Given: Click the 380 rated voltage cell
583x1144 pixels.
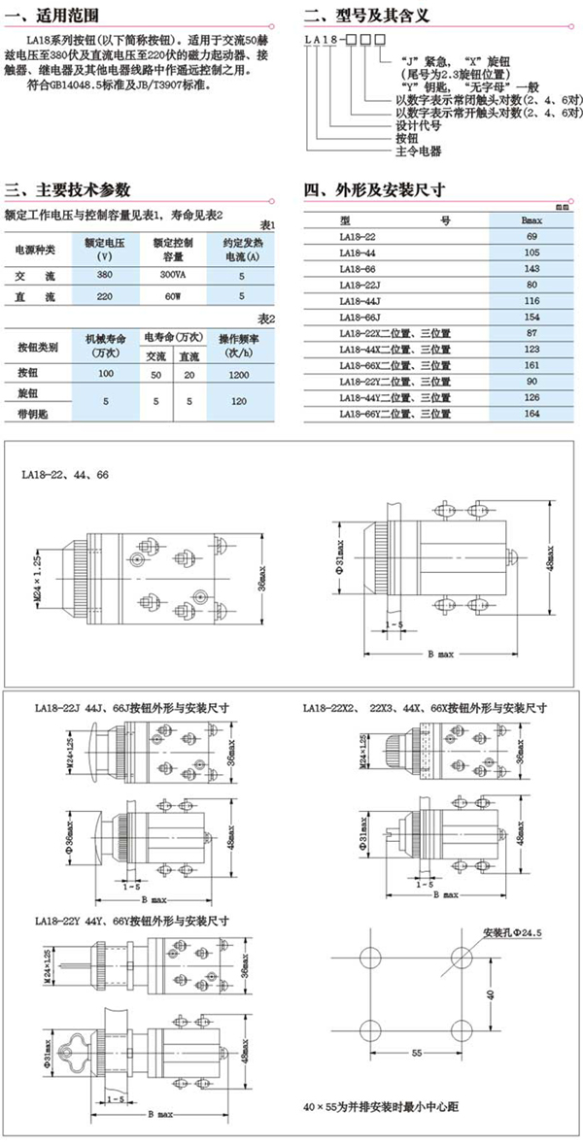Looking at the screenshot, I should pyautogui.click(x=101, y=276).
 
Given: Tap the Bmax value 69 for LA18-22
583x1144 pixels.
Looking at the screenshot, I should pyautogui.click(x=531, y=237).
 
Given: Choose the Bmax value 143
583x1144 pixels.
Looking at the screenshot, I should pyautogui.click(x=531, y=266).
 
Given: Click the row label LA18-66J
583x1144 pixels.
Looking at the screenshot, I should pyautogui.click(x=359, y=318).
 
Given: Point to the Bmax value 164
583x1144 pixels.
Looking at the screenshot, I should pyautogui.click(x=531, y=415).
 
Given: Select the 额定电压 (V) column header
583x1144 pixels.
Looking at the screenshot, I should pyautogui.click(x=101, y=249).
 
